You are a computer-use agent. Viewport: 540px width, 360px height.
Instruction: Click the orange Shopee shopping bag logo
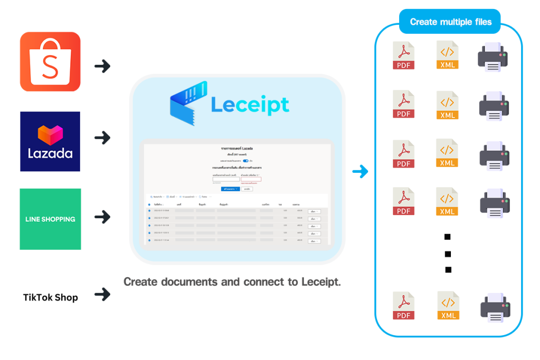50,62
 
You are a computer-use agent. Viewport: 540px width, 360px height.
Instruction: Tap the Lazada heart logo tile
50,141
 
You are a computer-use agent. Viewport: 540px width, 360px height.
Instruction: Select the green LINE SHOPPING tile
50,219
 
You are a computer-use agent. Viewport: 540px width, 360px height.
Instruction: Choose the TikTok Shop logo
50,297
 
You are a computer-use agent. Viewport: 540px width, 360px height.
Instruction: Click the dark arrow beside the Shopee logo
102,66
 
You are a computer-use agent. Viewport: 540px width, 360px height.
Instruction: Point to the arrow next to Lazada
102,138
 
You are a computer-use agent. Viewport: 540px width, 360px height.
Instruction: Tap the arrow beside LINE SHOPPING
102,216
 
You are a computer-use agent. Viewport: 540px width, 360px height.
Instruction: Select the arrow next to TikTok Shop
102,294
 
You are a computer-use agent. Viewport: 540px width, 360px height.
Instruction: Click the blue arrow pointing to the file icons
360,172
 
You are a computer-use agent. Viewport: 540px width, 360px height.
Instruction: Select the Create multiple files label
450,22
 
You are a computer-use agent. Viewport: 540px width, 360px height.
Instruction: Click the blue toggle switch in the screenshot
246,161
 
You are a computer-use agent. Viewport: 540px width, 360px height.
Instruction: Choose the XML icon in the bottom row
448,305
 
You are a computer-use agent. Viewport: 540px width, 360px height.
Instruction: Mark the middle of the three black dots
448,254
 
